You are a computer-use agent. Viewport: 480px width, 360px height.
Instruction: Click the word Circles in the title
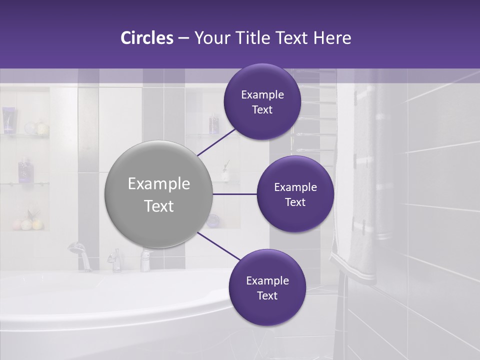[146, 38]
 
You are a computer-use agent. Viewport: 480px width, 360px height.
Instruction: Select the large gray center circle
[158, 194]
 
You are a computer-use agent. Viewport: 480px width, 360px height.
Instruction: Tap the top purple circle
[262, 102]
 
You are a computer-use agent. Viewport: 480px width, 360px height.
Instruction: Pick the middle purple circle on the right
[295, 194]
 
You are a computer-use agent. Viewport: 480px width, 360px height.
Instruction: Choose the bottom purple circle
[267, 287]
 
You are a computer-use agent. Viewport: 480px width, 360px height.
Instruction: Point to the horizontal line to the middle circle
[234, 194]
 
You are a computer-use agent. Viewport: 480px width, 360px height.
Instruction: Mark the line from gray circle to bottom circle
[218, 246]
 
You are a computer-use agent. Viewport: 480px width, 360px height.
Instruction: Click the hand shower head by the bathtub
[76, 247]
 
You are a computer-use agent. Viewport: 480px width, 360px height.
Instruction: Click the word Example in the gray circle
[158, 184]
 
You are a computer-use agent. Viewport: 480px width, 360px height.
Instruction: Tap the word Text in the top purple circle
[262, 110]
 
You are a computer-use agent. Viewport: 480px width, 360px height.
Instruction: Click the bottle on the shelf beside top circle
[214, 122]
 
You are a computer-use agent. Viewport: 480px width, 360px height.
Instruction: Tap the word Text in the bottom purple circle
[267, 295]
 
